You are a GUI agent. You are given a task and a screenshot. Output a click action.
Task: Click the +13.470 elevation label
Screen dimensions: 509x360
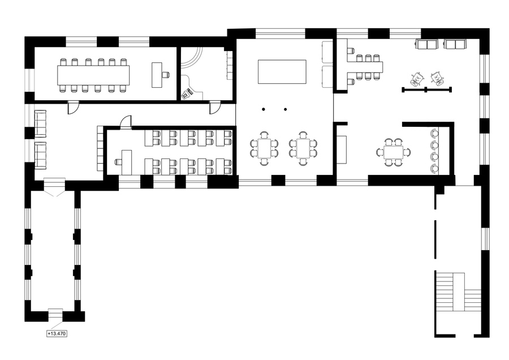click(57, 334)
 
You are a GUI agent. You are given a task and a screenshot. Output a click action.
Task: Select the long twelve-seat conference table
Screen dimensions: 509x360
click(93, 75)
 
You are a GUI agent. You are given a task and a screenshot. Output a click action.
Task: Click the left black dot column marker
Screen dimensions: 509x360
click(264, 109)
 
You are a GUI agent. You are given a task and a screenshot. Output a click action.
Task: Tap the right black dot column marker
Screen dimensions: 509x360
click(286, 109)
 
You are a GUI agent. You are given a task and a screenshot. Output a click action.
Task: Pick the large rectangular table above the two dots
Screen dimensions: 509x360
click(282, 71)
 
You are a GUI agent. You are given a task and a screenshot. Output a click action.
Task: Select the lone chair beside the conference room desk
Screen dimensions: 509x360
click(166, 75)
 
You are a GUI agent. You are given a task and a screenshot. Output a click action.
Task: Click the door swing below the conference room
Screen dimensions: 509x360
click(73, 108)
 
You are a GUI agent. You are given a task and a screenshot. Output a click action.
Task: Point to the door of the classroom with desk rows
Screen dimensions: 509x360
click(126, 122)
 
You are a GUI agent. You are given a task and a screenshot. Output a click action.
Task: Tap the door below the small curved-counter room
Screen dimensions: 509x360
click(215, 108)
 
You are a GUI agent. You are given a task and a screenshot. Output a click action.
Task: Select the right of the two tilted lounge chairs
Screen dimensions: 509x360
click(437, 78)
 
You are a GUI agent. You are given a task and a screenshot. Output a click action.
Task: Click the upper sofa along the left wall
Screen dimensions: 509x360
click(40, 124)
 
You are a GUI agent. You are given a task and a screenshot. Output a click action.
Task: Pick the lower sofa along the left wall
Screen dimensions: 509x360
click(40, 155)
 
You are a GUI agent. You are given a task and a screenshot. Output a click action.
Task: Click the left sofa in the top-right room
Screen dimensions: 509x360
click(426, 44)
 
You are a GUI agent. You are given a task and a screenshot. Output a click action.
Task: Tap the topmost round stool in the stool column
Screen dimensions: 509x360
click(434, 132)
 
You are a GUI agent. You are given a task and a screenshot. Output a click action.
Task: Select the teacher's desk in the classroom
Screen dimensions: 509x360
click(127, 162)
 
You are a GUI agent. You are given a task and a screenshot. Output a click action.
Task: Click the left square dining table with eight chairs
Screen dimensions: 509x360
click(264, 148)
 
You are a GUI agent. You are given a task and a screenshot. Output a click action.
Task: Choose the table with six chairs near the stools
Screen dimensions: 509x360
click(394, 152)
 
